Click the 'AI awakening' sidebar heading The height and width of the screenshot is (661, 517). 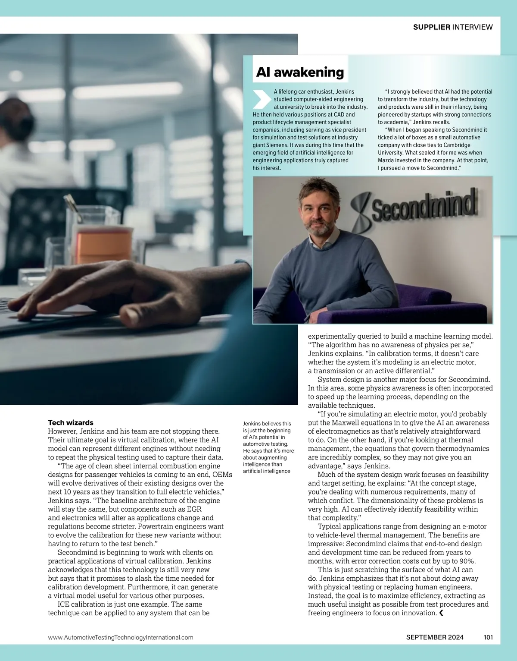coord(300,72)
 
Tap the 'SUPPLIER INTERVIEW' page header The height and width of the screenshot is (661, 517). coord(452,27)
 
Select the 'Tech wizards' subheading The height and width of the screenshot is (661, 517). coord(71,422)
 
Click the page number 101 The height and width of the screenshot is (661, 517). coord(488,637)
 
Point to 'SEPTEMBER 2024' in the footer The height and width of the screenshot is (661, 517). coord(435,637)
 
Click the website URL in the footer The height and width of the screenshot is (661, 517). coord(121,637)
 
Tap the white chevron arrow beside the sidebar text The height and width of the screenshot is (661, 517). coord(261,99)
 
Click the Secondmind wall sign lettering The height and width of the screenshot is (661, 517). coord(424,206)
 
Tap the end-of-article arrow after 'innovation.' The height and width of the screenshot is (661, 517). coord(441,613)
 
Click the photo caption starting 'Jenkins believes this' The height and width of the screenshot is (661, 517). coord(268,447)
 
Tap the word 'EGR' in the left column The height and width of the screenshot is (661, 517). coord(194,509)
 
